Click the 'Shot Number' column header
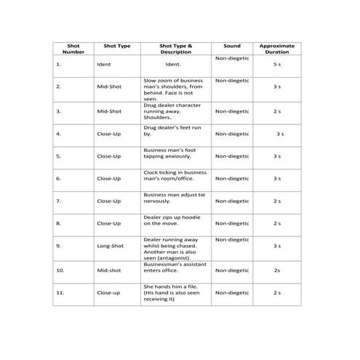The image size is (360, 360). click(73, 49)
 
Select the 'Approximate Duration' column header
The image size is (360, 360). click(276, 49)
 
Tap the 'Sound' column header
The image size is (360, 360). click(231, 46)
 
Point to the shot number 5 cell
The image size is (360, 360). click(58, 156)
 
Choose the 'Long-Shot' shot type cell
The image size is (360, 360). click(110, 246)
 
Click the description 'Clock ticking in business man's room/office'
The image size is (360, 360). click(175, 175)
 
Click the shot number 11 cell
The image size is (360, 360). click(60, 292)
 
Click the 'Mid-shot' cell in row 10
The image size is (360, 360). click(108, 270)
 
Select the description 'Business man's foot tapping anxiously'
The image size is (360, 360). click(170, 153)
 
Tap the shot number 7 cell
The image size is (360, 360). click(58, 201)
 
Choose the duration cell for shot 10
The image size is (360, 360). click(276, 270)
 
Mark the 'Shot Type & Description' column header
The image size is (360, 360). click(175, 49)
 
